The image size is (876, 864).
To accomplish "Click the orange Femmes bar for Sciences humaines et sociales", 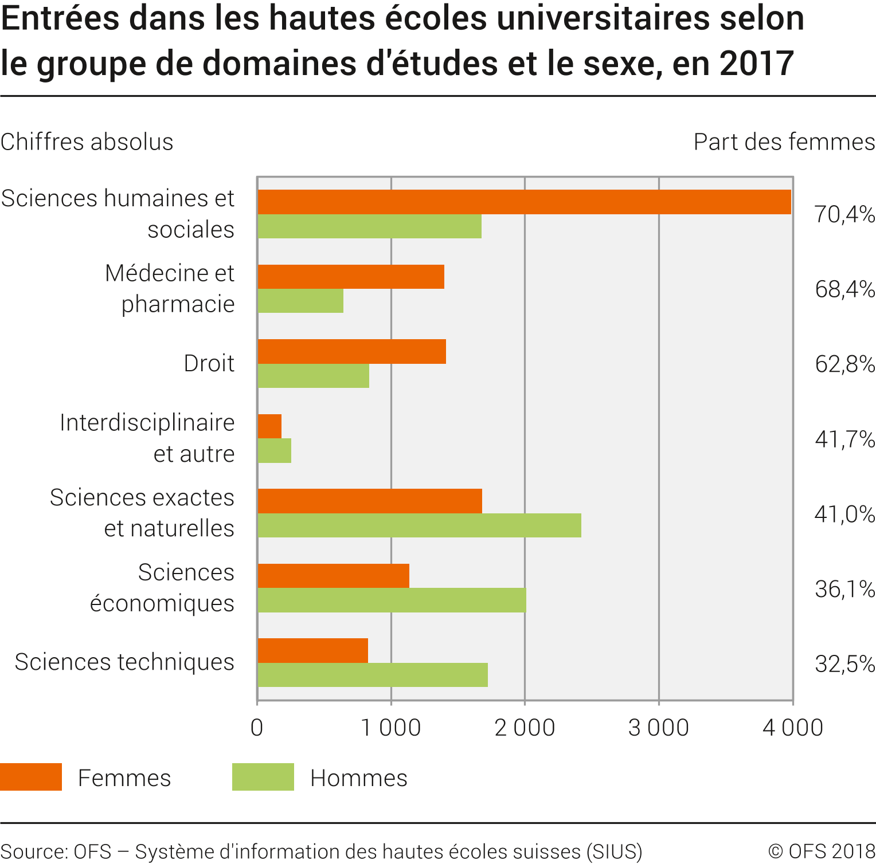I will point(524,202).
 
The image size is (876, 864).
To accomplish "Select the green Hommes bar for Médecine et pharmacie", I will point(300,301).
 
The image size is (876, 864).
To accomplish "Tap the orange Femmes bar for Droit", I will point(351,352).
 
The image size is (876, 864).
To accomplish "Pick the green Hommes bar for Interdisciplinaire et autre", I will point(275,451).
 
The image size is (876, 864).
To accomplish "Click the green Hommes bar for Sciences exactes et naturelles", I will point(419,525).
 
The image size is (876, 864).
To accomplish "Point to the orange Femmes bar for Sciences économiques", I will point(333,576).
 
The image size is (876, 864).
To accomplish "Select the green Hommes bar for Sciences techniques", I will point(373,675).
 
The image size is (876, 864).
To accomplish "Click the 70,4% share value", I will point(844,214).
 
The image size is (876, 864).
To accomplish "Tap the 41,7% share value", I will point(844,439).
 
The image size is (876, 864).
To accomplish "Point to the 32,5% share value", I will point(844,664).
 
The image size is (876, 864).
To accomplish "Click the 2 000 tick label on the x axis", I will point(525,728).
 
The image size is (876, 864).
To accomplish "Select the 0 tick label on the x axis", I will point(257,728).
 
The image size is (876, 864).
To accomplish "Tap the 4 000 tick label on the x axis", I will point(792,728).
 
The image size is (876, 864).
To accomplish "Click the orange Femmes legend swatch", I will point(31,777).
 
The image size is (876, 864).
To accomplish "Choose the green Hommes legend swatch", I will point(263,777).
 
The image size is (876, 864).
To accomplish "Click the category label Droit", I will point(209,363).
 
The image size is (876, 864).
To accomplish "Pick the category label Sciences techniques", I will point(124,662).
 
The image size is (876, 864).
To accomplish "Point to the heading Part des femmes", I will point(784,142).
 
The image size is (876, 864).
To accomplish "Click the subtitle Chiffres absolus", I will point(87,142).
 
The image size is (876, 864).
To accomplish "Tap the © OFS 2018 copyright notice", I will point(822,851).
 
